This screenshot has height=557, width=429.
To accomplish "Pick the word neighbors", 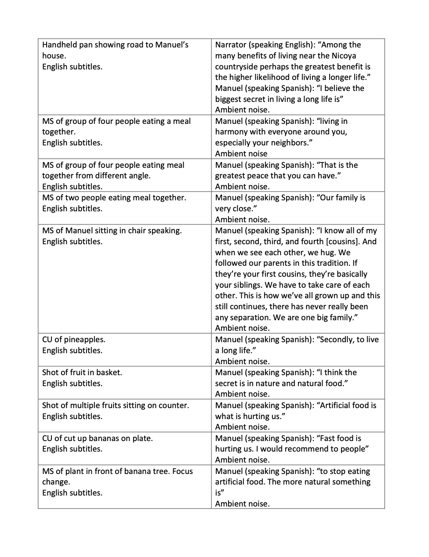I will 285,143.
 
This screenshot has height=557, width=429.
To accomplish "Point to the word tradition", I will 333,263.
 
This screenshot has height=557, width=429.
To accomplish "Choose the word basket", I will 109,373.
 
